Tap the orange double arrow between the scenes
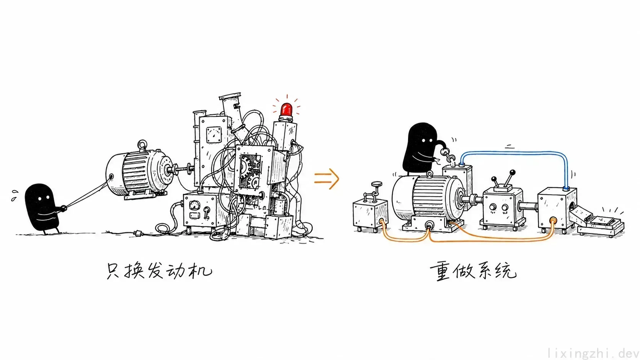[x=327, y=179]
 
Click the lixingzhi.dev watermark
[x=593, y=353]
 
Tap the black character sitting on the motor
[x=421, y=148]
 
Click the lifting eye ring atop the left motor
[x=142, y=145]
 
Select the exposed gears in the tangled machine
[x=250, y=171]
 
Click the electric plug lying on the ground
[x=139, y=234]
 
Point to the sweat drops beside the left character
[x=14, y=195]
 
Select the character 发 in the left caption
[x=158, y=270]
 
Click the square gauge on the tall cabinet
[x=214, y=135]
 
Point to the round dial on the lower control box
[x=195, y=205]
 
